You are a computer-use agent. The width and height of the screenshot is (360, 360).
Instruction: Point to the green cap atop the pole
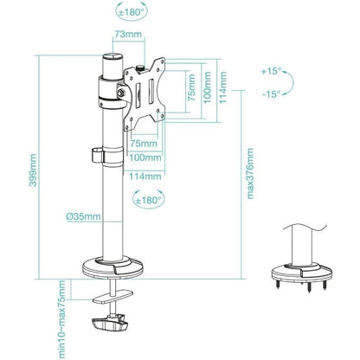[x=112, y=63]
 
